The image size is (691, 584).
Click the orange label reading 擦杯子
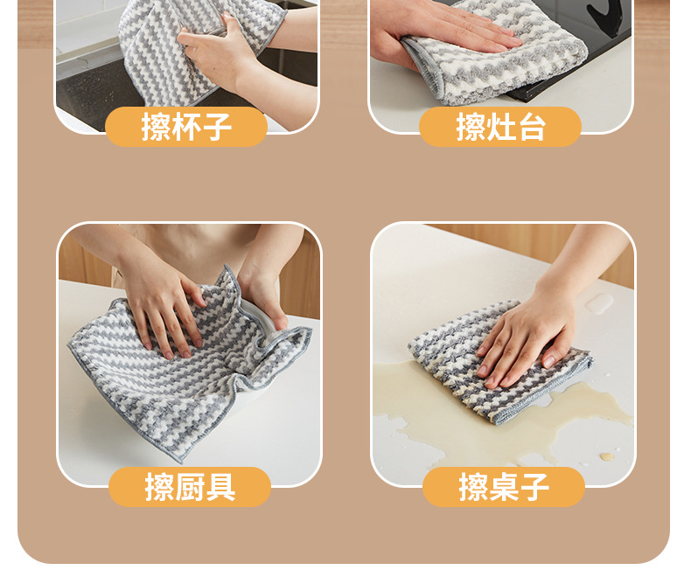click(x=186, y=127)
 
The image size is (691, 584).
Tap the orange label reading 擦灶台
click(x=500, y=127)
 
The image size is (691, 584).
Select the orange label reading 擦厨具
click(x=190, y=487)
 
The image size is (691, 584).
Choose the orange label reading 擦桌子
click(x=504, y=487)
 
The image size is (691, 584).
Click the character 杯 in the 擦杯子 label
click(x=186, y=127)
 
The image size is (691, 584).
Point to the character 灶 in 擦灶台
click(x=500, y=127)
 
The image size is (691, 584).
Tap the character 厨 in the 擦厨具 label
click(x=190, y=487)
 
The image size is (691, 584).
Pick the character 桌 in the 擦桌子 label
click(x=504, y=487)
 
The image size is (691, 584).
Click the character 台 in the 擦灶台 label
click(x=531, y=127)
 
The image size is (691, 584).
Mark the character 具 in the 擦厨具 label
click(x=220, y=487)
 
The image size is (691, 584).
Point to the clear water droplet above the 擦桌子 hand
click(x=600, y=302)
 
